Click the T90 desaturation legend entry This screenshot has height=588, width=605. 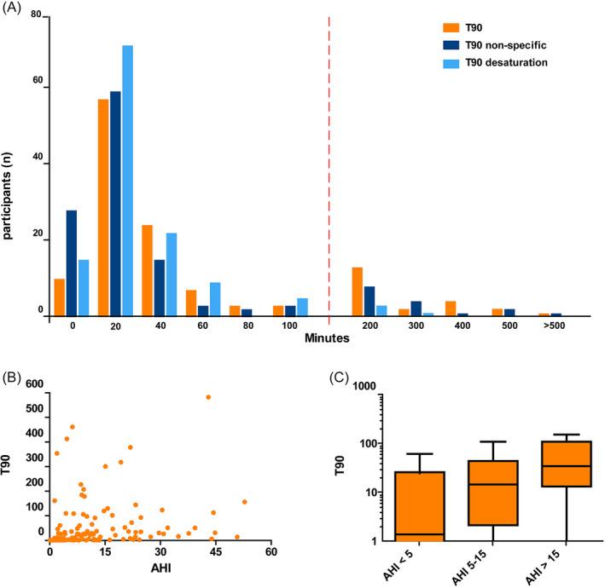495,63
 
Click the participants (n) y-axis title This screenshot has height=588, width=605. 10,164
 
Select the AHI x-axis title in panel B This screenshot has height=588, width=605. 159,574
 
